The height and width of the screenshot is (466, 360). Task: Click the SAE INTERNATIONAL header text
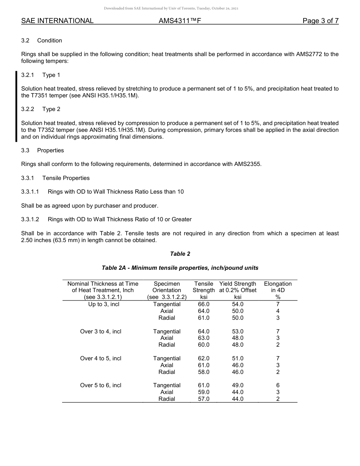click(57, 21)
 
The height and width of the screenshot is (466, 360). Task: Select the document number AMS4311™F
click(180, 21)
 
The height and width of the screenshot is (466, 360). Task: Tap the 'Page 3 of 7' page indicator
click(320, 21)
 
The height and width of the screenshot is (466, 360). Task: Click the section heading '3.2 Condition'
click(42, 41)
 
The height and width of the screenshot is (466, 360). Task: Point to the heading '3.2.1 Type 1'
click(41, 75)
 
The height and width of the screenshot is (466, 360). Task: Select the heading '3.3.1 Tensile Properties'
click(55, 178)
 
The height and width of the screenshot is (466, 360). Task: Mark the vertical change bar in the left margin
click(16, 106)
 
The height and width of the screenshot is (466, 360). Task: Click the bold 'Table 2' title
click(180, 254)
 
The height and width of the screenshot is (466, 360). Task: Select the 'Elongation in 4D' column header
click(278, 290)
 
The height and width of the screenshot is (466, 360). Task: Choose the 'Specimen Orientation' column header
click(167, 290)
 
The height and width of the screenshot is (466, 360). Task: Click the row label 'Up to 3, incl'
click(103, 304)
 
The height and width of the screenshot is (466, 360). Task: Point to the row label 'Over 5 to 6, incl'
click(101, 385)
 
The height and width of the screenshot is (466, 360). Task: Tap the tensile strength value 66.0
click(203, 304)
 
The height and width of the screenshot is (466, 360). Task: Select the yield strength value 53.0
click(238, 332)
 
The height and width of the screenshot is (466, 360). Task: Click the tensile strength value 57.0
click(203, 399)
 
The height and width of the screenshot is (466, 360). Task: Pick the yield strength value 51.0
click(238, 358)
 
